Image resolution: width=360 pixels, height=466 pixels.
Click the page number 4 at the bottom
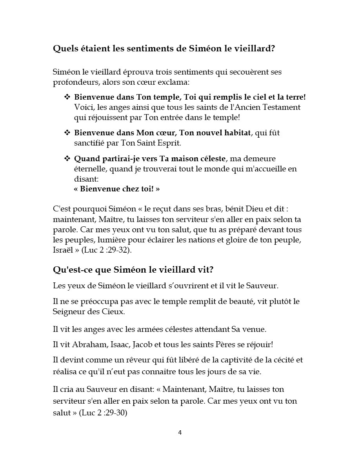click(x=180, y=433)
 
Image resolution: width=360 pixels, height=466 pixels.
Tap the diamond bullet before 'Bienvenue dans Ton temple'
click(x=67, y=97)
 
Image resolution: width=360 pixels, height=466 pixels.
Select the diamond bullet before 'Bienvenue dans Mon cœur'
click(x=67, y=133)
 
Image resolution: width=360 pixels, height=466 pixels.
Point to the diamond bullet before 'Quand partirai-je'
click(x=67, y=159)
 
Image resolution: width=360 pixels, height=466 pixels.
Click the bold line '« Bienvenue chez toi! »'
click(x=117, y=189)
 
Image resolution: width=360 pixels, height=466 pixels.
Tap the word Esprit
click(x=170, y=143)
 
